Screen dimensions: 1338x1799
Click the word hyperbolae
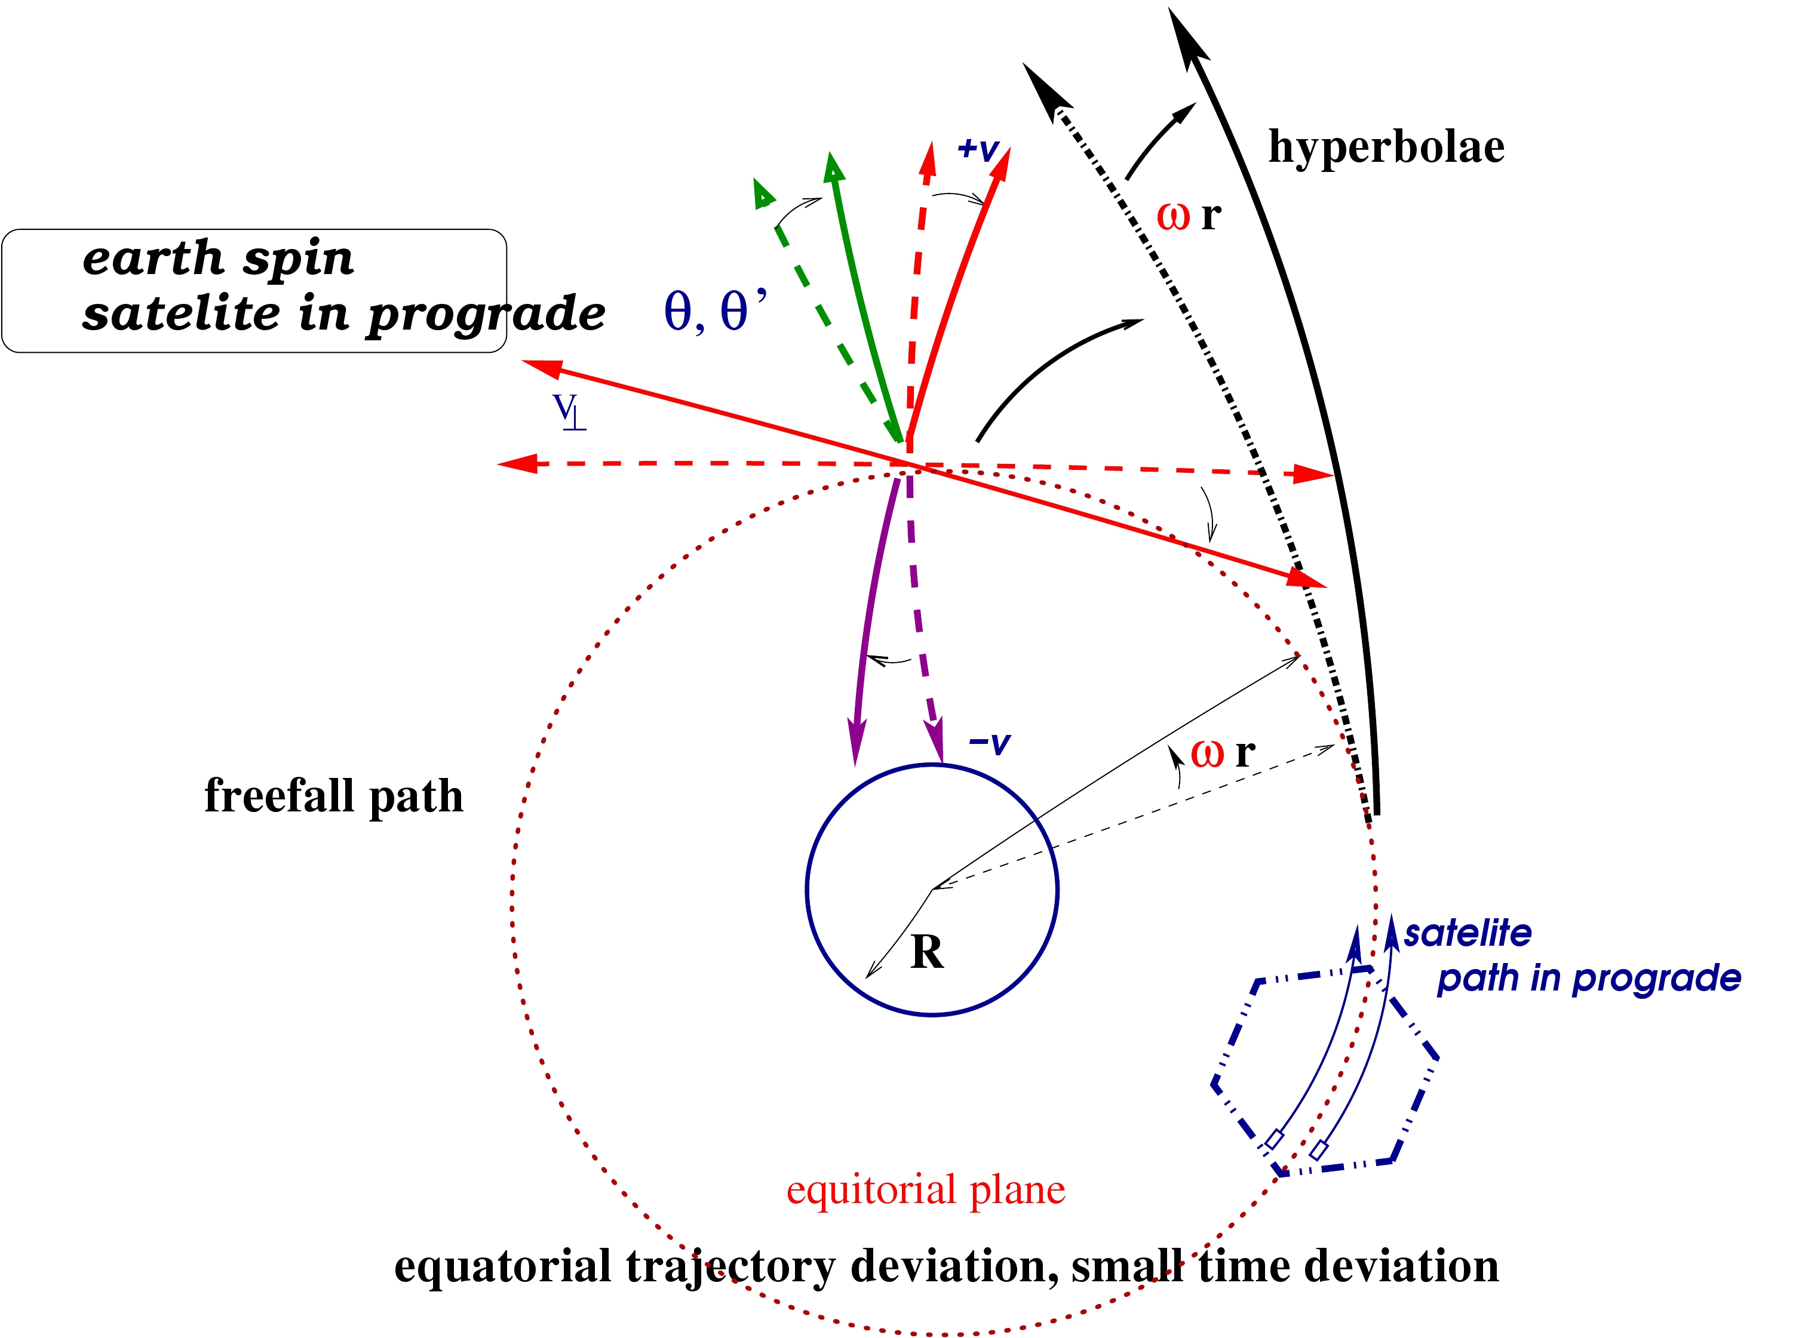[1385, 147]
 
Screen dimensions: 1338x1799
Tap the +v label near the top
[978, 149]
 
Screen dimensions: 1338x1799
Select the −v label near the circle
[989, 743]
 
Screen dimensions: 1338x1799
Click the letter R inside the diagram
[926, 952]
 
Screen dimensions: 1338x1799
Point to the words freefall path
[334, 796]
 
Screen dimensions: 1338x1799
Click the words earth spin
[218, 259]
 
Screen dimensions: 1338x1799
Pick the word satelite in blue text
[1467, 934]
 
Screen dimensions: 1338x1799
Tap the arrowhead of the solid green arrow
[833, 165]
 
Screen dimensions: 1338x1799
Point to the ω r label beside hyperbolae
[1188, 216]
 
